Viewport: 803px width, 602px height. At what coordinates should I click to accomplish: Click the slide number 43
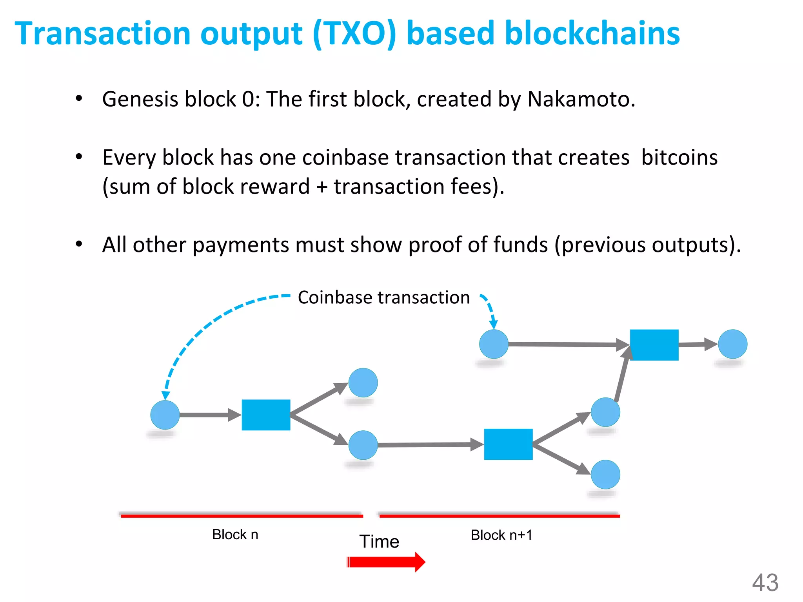(765, 582)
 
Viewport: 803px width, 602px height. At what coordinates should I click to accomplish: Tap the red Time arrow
(386, 562)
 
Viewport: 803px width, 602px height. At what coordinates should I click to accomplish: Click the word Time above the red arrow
(379, 542)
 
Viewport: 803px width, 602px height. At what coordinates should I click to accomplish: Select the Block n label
(235, 535)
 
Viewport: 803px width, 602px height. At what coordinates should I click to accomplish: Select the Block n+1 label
(501, 535)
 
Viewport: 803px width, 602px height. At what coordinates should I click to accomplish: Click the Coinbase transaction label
(383, 297)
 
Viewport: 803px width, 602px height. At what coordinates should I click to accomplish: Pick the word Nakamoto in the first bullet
(581, 99)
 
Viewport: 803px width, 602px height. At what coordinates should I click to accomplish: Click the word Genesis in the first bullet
(140, 99)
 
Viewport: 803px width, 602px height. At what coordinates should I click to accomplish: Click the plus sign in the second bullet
(322, 187)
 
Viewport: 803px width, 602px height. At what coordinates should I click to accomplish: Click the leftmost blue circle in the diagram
(165, 415)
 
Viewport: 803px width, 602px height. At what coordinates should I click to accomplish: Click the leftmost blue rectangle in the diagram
(266, 415)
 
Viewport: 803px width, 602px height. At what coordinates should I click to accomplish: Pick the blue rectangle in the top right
(654, 345)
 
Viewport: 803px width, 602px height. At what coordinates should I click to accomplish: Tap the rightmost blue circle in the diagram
(732, 344)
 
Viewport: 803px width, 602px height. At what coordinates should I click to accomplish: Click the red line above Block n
(242, 516)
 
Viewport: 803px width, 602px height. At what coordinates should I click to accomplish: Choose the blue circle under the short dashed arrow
(494, 344)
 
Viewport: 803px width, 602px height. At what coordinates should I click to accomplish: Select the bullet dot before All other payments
(79, 244)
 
